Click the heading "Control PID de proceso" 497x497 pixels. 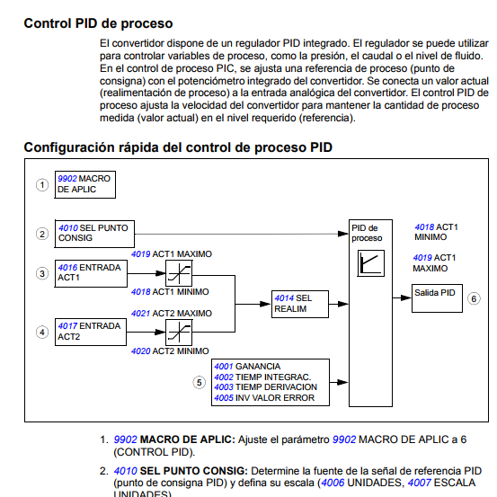(x=99, y=22)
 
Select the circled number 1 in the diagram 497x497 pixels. (x=41, y=184)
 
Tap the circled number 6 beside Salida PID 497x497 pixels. (x=474, y=298)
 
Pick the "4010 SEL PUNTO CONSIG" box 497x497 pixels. (x=93, y=234)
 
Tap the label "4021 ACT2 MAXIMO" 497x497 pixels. (x=171, y=313)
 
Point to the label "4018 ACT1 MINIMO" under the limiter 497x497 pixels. (x=171, y=291)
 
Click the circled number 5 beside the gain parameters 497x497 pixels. (x=200, y=382)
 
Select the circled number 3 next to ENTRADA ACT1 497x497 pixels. (x=41, y=273)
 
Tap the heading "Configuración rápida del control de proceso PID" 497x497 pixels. (x=180, y=147)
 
